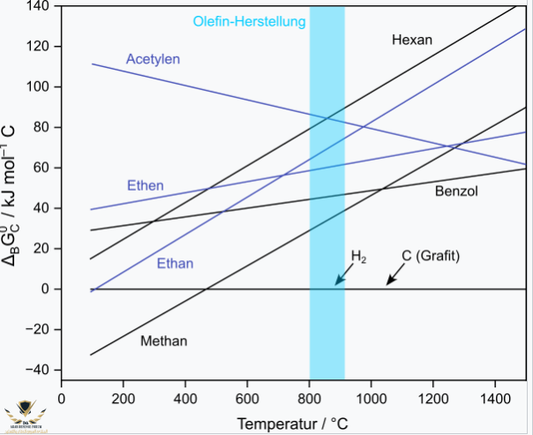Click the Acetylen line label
(x=153, y=59)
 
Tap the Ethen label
(x=146, y=185)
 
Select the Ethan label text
(x=175, y=263)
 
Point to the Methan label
(x=164, y=341)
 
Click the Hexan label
(x=412, y=40)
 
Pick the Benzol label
(x=456, y=191)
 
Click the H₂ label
(x=358, y=257)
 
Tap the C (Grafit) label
(x=432, y=256)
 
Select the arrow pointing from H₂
(x=342, y=276)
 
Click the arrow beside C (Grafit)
(x=396, y=275)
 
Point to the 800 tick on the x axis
(x=310, y=397)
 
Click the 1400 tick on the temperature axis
(x=495, y=397)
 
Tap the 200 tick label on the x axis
(x=123, y=397)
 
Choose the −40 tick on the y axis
(x=39, y=371)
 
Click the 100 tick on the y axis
(x=39, y=86)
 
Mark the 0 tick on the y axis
(x=49, y=289)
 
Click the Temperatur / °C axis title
(x=294, y=423)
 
